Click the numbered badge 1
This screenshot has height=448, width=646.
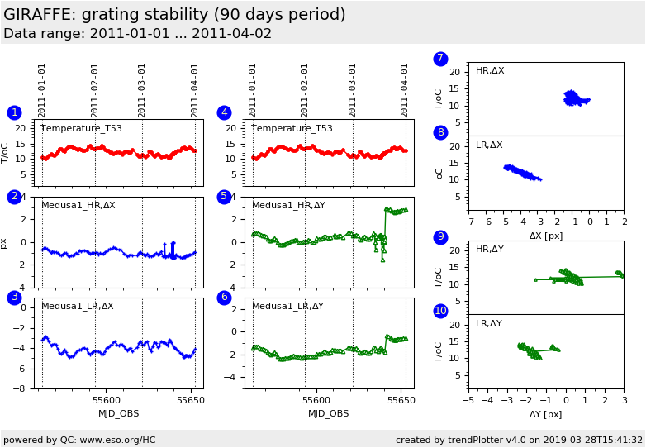click(14, 112)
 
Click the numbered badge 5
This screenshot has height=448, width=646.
click(224, 197)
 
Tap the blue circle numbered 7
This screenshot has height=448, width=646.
click(440, 59)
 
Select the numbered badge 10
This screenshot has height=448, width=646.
click(440, 311)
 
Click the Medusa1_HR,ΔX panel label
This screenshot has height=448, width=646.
click(78, 205)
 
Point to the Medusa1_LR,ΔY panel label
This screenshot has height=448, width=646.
click(287, 306)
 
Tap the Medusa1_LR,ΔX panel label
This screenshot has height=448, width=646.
click(78, 306)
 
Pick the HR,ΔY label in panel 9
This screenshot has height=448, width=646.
click(489, 249)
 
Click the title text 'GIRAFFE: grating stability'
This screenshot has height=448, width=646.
click(174, 15)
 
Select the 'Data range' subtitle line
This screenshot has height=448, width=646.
click(137, 34)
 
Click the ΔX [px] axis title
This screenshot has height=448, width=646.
click(545, 236)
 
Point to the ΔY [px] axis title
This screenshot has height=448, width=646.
click(545, 414)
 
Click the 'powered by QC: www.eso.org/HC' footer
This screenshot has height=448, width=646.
click(79, 440)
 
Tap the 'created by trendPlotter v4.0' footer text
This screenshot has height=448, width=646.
click(519, 440)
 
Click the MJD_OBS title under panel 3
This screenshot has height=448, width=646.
click(118, 413)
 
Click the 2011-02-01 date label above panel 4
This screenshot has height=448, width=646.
click(305, 90)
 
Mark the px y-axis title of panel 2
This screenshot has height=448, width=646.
click(4, 243)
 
